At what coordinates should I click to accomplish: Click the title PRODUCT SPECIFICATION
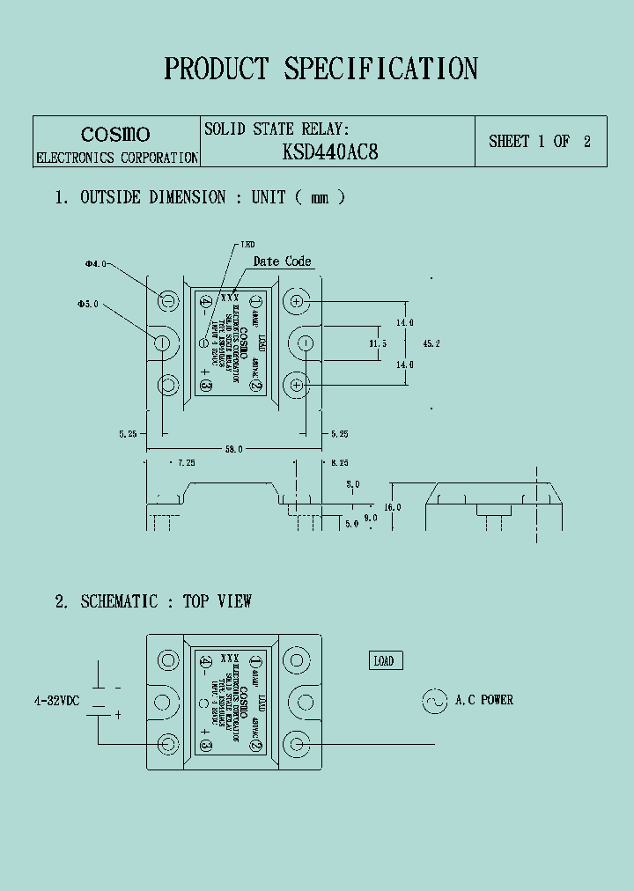click(x=321, y=69)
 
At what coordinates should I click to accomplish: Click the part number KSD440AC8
click(x=330, y=151)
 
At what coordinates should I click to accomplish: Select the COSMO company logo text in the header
click(x=115, y=134)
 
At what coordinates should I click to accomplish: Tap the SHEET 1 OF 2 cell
click(x=540, y=141)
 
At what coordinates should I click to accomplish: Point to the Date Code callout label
click(x=282, y=261)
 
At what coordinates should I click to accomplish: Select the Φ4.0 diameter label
click(x=95, y=262)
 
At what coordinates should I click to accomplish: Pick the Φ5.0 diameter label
click(x=87, y=304)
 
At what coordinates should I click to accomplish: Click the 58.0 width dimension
click(x=233, y=449)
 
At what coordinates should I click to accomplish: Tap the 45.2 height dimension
click(x=431, y=343)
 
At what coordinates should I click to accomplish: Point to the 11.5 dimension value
click(x=378, y=343)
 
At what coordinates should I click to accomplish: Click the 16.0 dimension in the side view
click(x=392, y=506)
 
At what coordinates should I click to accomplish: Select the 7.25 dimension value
click(x=186, y=462)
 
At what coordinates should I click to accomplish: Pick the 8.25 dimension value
click(x=340, y=462)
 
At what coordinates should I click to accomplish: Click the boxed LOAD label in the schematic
click(x=384, y=661)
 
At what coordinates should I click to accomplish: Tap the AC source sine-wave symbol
click(x=434, y=701)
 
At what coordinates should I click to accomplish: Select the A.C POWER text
click(x=484, y=701)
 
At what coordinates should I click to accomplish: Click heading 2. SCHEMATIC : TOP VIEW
click(x=153, y=601)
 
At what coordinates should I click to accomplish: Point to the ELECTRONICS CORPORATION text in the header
click(x=115, y=158)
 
